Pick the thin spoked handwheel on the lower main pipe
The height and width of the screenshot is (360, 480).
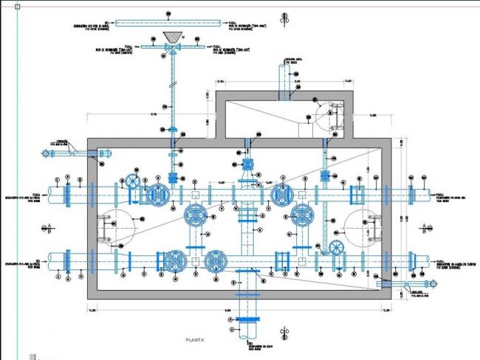tap(337, 247)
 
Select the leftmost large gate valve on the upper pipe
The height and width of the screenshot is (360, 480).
tap(157, 195)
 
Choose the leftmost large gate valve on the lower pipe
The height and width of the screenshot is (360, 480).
tap(174, 261)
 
